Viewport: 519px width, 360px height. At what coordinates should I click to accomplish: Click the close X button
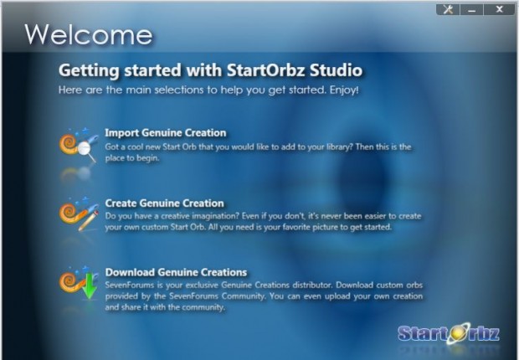click(x=499, y=9)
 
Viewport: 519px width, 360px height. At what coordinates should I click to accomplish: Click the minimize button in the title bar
click(x=471, y=9)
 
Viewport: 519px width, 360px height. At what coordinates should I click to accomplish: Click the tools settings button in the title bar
click(x=448, y=9)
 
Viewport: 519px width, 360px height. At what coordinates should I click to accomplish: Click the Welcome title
click(x=89, y=34)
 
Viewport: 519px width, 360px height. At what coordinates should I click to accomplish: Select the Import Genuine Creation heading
click(x=166, y=133)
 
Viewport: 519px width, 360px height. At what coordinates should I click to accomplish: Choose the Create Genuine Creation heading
click(x=165, y=203)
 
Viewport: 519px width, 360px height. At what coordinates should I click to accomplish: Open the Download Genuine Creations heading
click(x=176, y=272)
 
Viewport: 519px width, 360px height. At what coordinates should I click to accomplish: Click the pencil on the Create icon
click(x=89, y=220)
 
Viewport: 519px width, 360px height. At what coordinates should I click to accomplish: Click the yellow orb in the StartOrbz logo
click(x=459, y=333)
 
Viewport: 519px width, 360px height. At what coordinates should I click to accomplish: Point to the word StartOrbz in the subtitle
click(x=266, y=70)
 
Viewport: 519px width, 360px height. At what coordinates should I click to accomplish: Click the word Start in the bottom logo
click(x=423, y=333)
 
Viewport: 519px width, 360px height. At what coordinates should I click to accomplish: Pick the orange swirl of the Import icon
click(x=69, y=143)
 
